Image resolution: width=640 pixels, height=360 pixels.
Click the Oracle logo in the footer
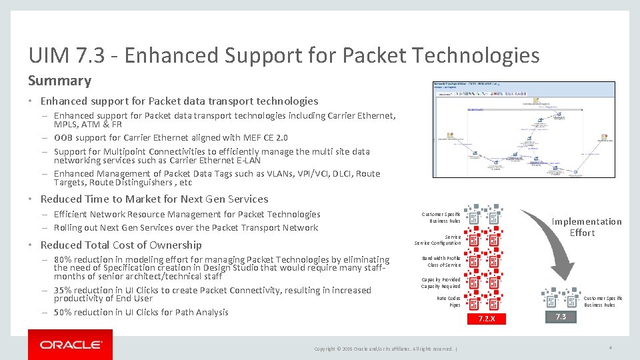tap(71, 345)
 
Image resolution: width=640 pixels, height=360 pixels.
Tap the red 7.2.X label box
tap(487, 318)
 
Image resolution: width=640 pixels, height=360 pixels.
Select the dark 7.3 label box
tap(559, 317)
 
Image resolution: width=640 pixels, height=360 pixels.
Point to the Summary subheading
tap(59, 81)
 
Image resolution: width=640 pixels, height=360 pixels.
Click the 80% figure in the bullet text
tap(64, 259)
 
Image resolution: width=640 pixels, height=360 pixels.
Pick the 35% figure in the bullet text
tap(64, 290)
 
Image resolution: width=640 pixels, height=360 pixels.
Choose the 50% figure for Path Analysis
tap(64, 312)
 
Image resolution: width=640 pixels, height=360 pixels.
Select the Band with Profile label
tap(441, 261)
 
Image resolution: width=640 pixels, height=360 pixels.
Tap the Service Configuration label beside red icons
tap(437, 240)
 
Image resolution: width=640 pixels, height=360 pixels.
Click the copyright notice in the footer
tap(385, 349)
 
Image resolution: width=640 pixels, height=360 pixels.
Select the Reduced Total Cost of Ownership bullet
tap(121, 245)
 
